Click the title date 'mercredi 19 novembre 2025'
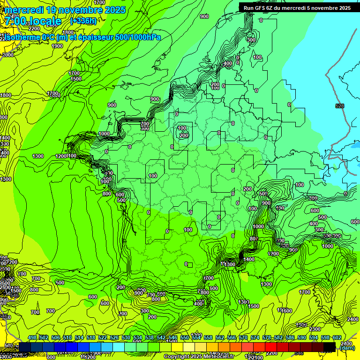[x=65, y=10]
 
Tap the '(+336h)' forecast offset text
[x=83, y=21]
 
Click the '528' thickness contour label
[x=340, y=106]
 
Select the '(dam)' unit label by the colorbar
[x=347, y=348]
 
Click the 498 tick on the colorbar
[x=32, y=338]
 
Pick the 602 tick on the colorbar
[x=337, y=338]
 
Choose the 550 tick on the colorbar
[x=185, y=338]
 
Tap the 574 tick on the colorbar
[x=255, y=338]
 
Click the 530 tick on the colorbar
[x=126, y=338]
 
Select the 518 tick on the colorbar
[x=91, y=338]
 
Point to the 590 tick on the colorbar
[x=302, y=338]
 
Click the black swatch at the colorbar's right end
[x=329, y=346]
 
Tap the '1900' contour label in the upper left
[x=57, y=46]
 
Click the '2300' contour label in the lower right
[x=315, y=330]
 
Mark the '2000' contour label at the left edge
[x=8, y=55]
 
